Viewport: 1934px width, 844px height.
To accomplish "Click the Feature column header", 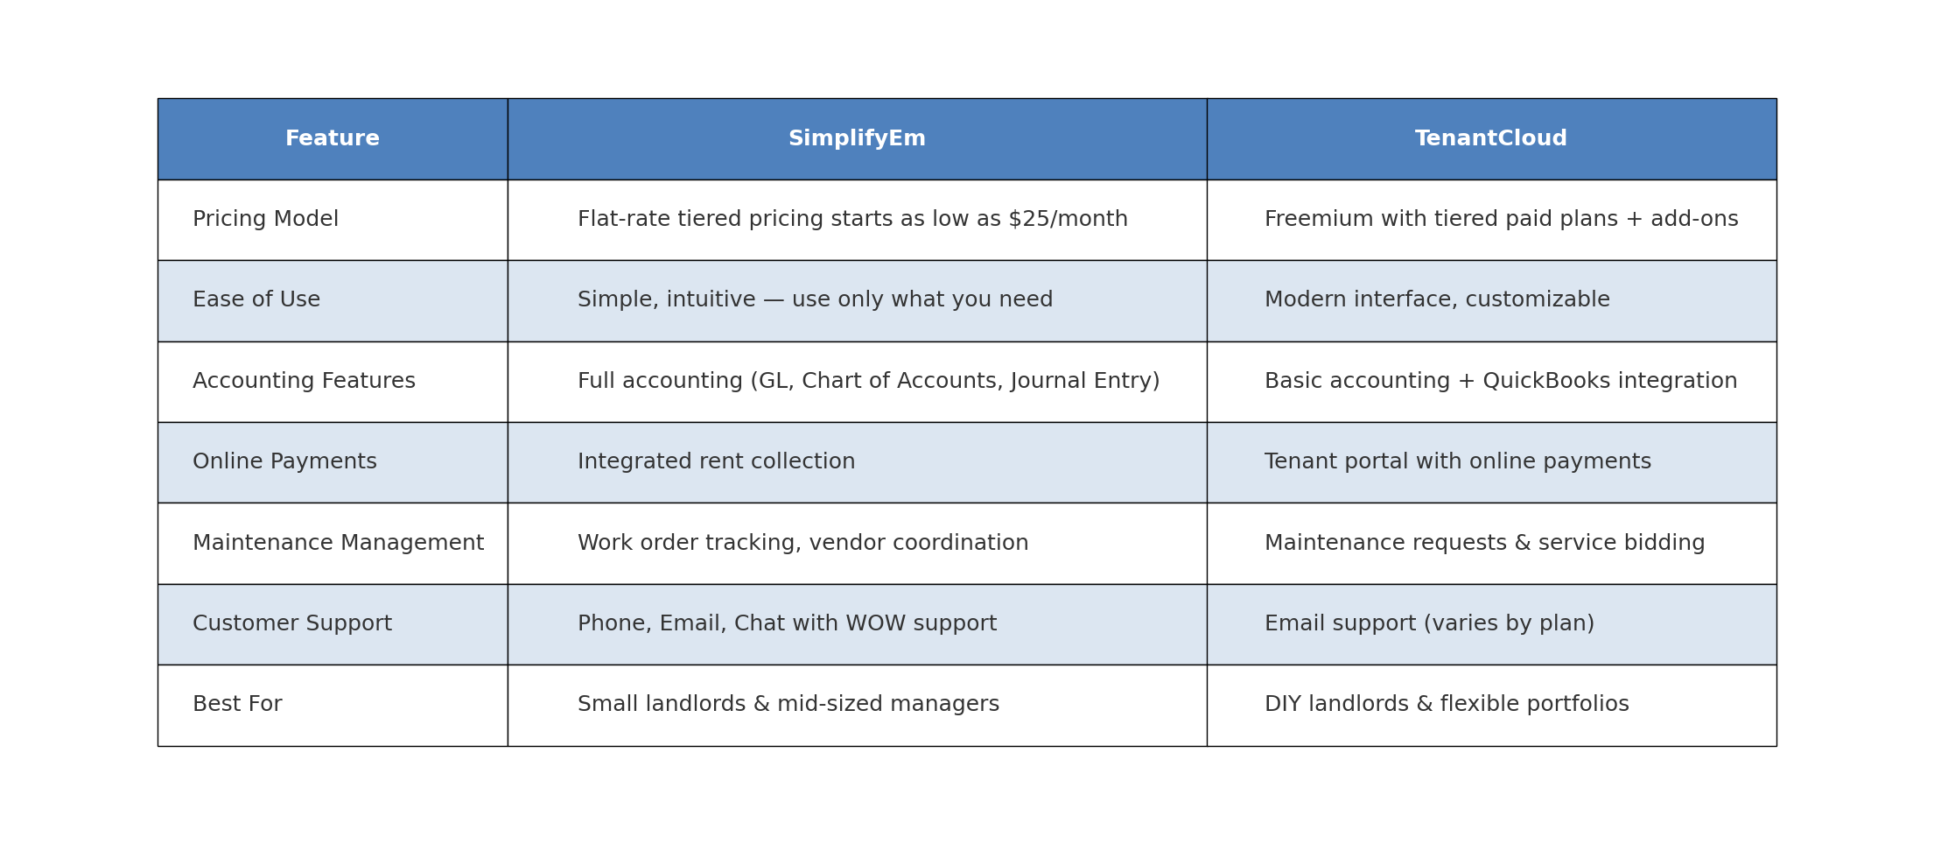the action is tap(333, 139).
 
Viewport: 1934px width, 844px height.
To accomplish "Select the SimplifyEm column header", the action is tap(857, 139).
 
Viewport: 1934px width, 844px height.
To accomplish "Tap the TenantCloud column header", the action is tap(1491, 139).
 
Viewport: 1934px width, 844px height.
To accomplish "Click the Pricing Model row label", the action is tap(265, 220).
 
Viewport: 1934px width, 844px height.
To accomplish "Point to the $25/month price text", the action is tap(1068, 220).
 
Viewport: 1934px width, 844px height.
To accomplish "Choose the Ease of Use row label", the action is tap(256, 300).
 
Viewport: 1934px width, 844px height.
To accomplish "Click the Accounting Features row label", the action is tap(304, 382).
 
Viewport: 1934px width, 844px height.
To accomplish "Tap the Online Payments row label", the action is tap(284, 462).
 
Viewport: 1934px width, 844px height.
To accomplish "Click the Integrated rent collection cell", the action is tap(716, 462).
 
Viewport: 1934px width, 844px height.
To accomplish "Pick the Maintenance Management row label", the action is tap(338, 544).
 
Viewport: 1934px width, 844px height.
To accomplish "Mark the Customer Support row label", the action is tap(292, 624).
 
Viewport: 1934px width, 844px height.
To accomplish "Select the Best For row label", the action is tap(237, 705).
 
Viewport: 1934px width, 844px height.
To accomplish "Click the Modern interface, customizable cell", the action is tap(1437, 300).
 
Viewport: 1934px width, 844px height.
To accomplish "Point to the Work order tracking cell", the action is tap(802, 544).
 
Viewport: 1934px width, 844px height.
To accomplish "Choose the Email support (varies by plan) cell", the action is tap(1429, 624).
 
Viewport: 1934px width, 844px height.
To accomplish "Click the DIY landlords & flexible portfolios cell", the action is tap(1447, 705).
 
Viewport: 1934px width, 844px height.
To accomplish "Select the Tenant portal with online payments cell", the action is tap(1458, 462).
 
